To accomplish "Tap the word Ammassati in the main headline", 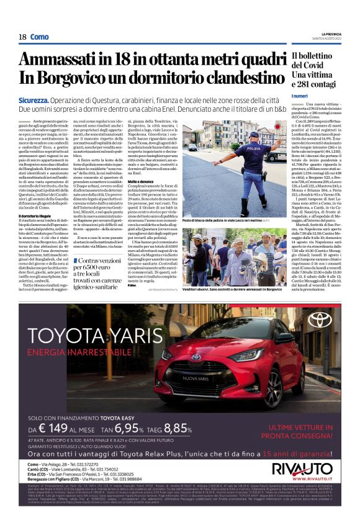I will (x=57, y=60).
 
